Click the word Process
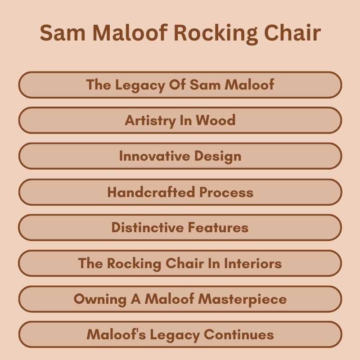tap(226, 193)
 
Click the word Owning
tap(95, 299)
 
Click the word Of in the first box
tap(178, 85)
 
